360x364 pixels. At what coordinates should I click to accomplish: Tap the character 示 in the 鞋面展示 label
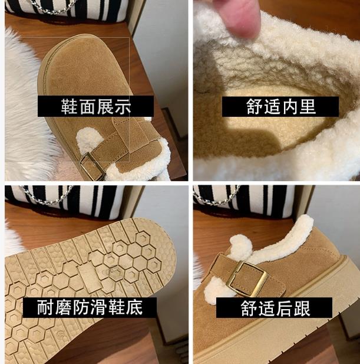click(123, 107)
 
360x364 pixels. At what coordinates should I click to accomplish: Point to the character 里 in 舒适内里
click(308, 107)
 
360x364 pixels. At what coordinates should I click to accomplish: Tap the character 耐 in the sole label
click(45, 307)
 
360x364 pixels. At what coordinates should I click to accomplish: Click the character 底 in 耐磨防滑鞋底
click(134, 307)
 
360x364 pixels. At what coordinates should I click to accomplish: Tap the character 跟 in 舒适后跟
click(302, 309)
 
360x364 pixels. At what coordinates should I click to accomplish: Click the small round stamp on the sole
click(61, 336)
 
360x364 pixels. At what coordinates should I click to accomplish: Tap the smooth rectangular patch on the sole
click(87, 277)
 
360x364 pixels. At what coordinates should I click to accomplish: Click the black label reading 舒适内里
click(280, 107)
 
